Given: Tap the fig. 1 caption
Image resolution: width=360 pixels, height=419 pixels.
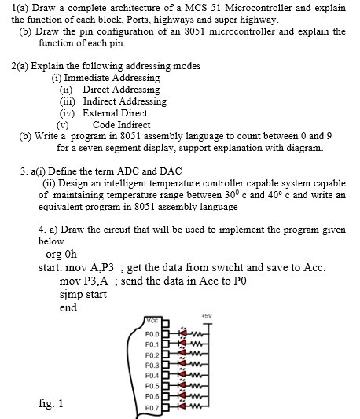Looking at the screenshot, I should (50, 403).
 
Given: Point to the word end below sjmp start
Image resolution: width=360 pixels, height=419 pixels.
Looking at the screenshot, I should (68, 307).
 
